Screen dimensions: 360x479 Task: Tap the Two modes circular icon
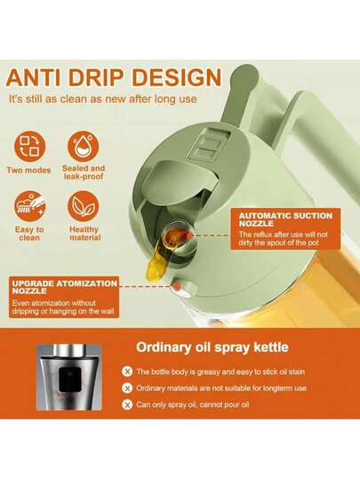[x=29, y=148]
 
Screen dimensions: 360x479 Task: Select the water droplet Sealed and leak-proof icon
[x=84, y=146]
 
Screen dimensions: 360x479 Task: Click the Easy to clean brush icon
[x=29, y=206]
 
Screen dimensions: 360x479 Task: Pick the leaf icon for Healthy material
[x=84, y=206]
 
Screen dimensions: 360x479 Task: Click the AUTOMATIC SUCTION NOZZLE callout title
[x=285, y=220]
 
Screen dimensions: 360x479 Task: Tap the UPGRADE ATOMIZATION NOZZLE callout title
[x=65, y=287]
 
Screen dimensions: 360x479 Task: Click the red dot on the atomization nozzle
[x=177, y=287]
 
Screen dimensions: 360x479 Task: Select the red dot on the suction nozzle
[x=188, y=235]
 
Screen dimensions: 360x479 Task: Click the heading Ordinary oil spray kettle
[x=212, y=347]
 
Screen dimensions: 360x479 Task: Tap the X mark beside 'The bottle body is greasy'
[x=127, y=371]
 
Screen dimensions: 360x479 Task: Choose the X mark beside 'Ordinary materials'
[x=127, y=388]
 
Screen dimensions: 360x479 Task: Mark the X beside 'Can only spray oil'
[x=127, y=404]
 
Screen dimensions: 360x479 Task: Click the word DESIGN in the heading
[x=177, y=78]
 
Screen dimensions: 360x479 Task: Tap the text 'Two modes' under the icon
[x=28, y=170]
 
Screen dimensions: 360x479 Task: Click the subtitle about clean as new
[x=103, y=99]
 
